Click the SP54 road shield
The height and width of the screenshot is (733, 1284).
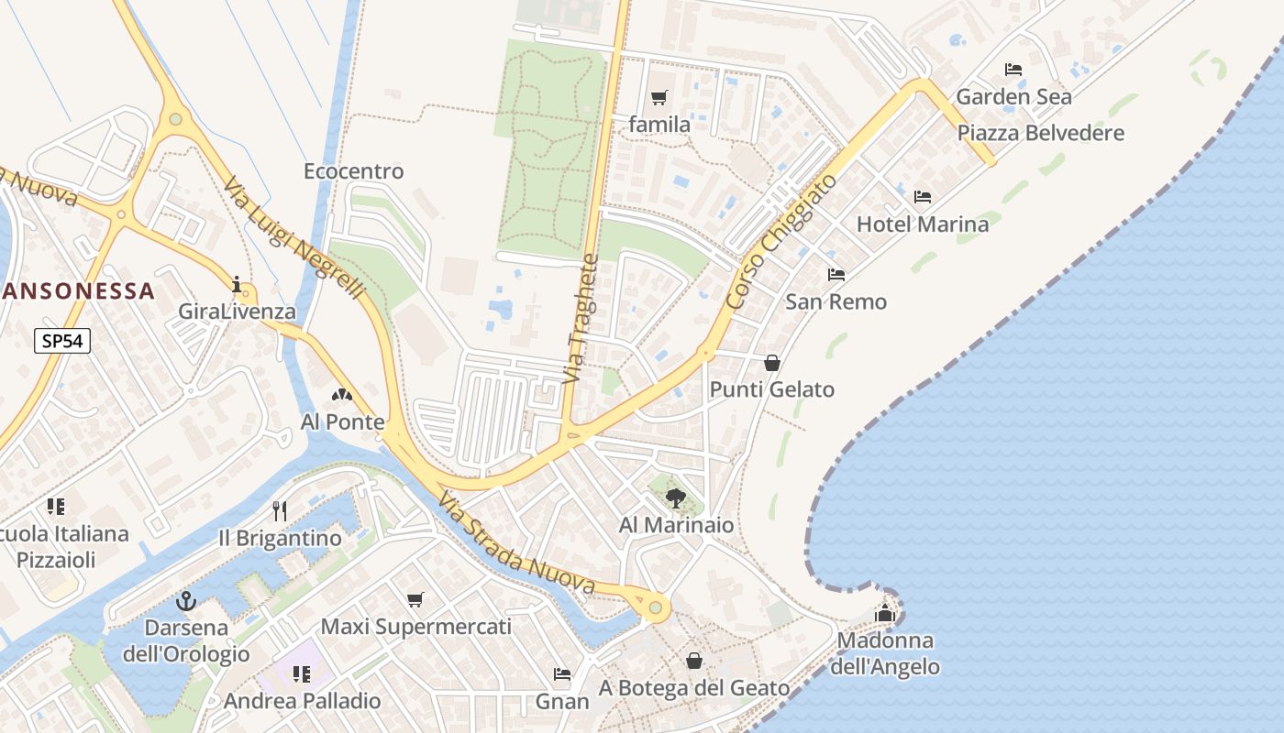(x=63, y=342)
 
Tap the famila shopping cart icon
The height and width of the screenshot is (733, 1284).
(x=659, y=97)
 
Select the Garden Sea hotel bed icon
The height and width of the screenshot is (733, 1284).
(x=1013, y=70)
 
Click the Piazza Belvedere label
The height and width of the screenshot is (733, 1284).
(x=1040, y=133)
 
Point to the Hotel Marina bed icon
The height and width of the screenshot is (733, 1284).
(x=923, y=197)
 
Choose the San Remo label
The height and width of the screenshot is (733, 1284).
(x=836, y=301)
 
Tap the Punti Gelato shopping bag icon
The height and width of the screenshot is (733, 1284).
(x=772, y=363)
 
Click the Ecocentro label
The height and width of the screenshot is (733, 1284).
(x=353, y=171)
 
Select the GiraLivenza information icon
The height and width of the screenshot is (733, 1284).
(x=238, y=285)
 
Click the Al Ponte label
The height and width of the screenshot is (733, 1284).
(x=342, y=422)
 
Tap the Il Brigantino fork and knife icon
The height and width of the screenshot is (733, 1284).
(x=280, y=510)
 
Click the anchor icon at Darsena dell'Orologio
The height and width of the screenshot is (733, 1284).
(x=186, y=601)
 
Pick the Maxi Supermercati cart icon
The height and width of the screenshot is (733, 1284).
(x=415, y=600)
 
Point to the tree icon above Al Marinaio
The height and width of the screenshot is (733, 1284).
(x=676, y=498)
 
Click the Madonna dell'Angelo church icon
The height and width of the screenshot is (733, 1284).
(x=885, y=613)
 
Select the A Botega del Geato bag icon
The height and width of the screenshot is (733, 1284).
(x=694, y=661)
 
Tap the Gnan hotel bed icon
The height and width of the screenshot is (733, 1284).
(x=562, y=674)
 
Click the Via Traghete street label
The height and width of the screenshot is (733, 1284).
(x=581, y=319)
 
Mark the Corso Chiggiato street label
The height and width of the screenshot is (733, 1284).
(x=781, y=240)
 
